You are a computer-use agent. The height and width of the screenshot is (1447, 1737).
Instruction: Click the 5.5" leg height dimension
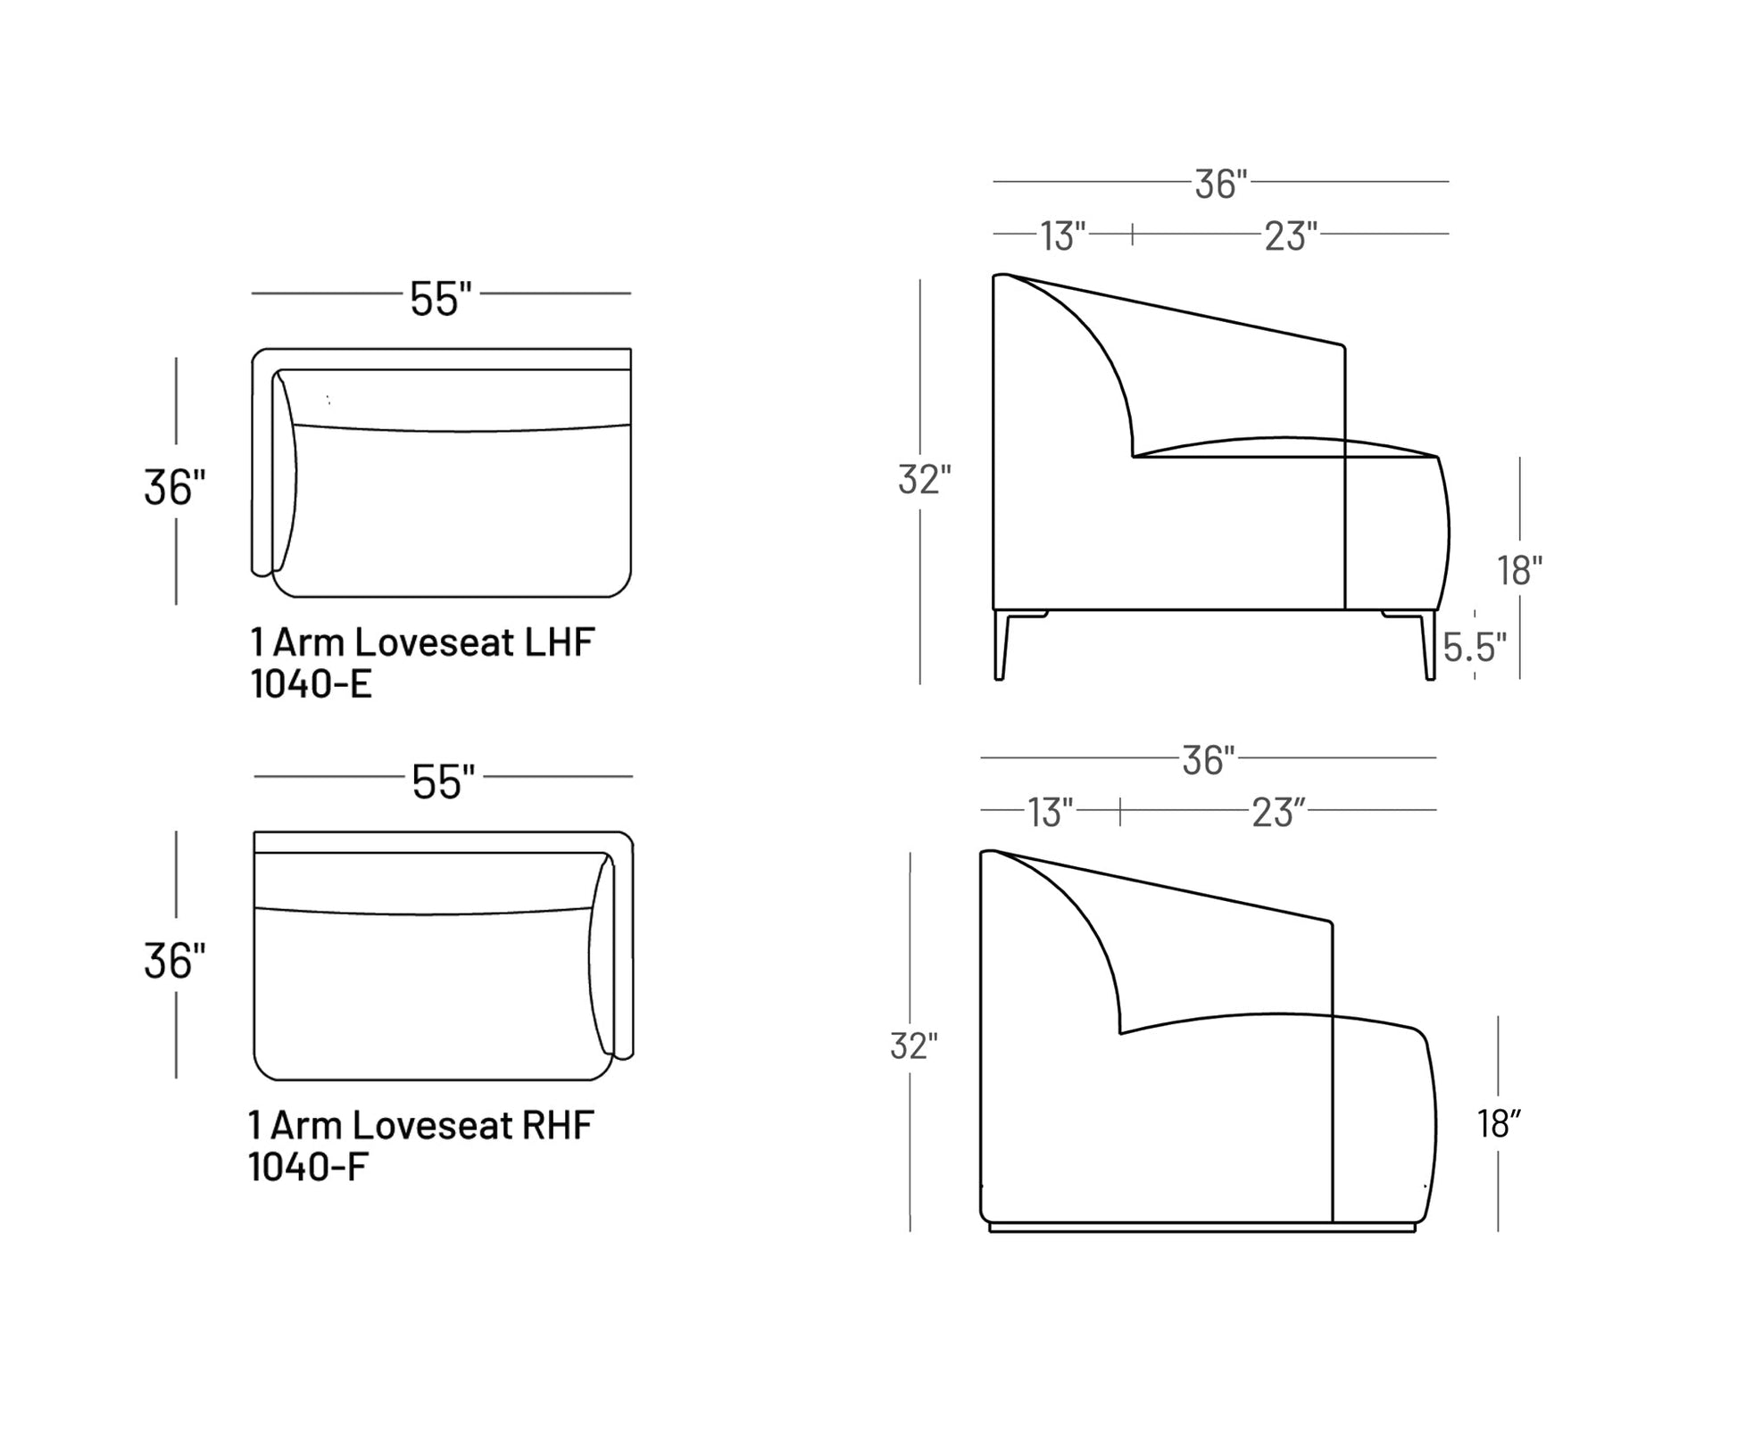[1475, 649]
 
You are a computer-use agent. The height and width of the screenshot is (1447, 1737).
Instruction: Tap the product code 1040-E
[311, 684]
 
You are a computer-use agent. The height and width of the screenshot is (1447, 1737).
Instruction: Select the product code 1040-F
[308, 1167]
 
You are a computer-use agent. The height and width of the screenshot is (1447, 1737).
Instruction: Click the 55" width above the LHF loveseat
[440, 298]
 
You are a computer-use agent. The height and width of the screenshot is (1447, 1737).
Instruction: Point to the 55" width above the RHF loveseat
[443, 781]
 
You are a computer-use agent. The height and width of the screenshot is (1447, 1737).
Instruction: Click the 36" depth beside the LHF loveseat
[174, 487]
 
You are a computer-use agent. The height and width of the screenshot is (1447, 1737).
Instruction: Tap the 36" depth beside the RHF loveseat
[174, 961]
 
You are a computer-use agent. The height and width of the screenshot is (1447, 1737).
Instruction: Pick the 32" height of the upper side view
[924, 479]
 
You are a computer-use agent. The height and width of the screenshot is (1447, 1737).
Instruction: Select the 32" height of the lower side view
[913, 1046]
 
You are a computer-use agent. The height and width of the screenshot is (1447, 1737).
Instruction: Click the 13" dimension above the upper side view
[1062, 236]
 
